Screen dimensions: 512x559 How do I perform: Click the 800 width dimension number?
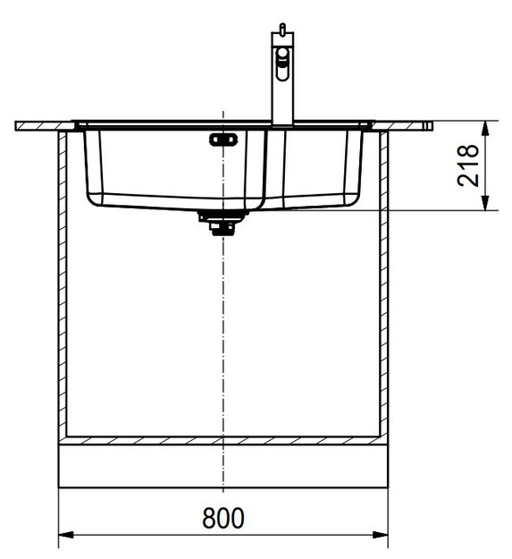coord(223,518)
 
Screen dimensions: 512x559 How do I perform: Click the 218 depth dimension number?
coord(468,165)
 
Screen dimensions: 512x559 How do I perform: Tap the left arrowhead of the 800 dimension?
coord(66,535)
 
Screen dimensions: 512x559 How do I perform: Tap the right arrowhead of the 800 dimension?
coord(381,535)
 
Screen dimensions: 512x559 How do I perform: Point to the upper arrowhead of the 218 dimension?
coord(484,128)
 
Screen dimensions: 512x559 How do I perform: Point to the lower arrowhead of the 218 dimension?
coord(484,202)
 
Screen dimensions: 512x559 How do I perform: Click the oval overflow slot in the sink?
coord(223,140)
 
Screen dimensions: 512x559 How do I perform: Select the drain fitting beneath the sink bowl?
coord(222,223)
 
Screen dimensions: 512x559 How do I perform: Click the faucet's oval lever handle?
coord(282,64)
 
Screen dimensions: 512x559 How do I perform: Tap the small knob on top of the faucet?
coord(282,28)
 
